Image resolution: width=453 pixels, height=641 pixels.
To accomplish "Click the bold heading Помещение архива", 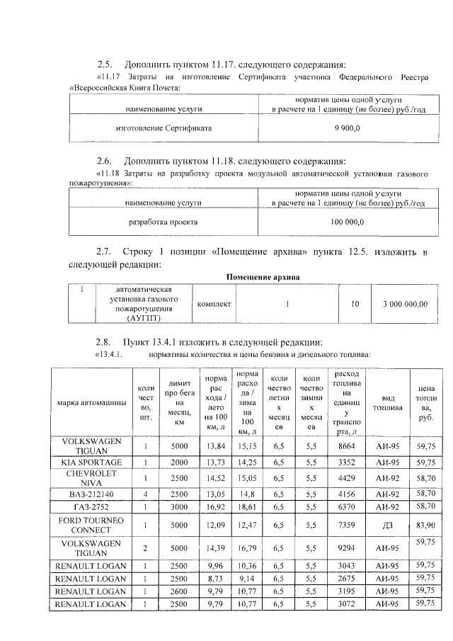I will point(263,276).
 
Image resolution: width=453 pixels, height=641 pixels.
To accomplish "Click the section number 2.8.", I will point(105,341).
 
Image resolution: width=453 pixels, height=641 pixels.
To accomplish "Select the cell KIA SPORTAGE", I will point(92,462).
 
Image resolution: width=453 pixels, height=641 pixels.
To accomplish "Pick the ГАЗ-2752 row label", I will point(92,507).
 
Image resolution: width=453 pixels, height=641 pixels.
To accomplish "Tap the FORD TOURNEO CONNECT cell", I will point(92,525).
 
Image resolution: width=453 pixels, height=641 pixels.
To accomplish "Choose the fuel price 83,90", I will point(425,526).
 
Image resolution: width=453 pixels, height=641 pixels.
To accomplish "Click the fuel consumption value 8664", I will point(346,447).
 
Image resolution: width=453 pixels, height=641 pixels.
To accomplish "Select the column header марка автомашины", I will point(92,403).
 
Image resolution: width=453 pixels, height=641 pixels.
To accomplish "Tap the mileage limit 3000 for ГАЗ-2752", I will point(178,507).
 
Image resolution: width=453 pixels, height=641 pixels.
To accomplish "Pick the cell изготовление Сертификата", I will point(164,129).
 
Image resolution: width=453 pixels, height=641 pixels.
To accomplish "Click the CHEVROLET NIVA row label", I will point(92,477).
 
